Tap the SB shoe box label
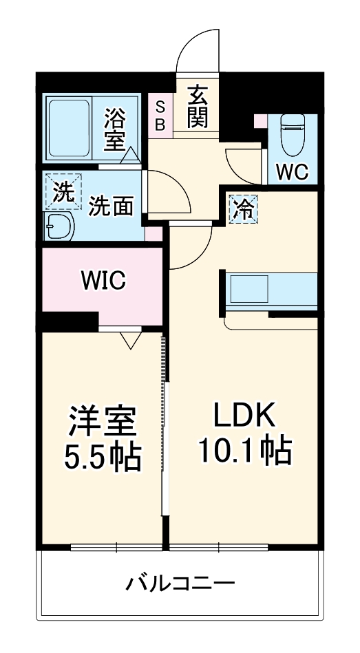[160, 116]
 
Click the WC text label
[291, 172]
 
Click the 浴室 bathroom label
[114, 130]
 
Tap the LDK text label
[244, 414]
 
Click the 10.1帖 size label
[245, 451]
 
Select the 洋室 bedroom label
[103, 420]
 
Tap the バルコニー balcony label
[180, 584]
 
